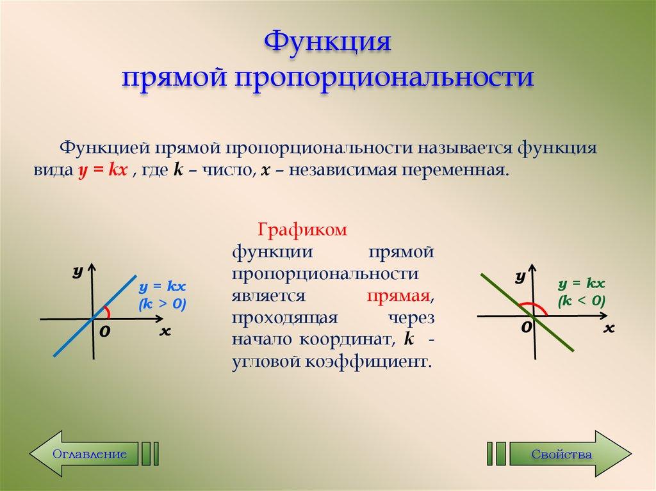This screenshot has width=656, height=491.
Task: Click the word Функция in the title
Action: click(x=328, y=45)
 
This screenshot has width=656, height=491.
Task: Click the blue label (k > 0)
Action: click(x=162, y=305)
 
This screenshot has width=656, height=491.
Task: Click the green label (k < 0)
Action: click(x=581, y=300)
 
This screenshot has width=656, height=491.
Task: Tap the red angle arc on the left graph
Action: click(x=108, y=312)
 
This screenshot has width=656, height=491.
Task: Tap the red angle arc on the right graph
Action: click(x=534, y=305)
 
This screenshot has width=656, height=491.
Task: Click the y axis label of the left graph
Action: click(x=78, y=272)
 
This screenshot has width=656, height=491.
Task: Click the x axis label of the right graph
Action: click(x=609, y=328)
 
